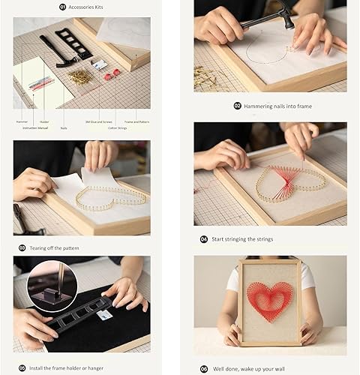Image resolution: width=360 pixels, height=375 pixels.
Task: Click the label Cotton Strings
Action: (112, 128)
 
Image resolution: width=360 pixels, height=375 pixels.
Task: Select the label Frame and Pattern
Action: (135, 121)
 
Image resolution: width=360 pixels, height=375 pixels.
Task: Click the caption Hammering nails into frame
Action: (277, 106)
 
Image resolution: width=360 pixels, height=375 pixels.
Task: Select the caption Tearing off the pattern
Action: (53, 247)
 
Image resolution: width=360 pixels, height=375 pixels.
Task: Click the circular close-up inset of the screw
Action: (50, 285)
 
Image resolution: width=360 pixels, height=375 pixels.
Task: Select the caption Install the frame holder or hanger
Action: (68, 366)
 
